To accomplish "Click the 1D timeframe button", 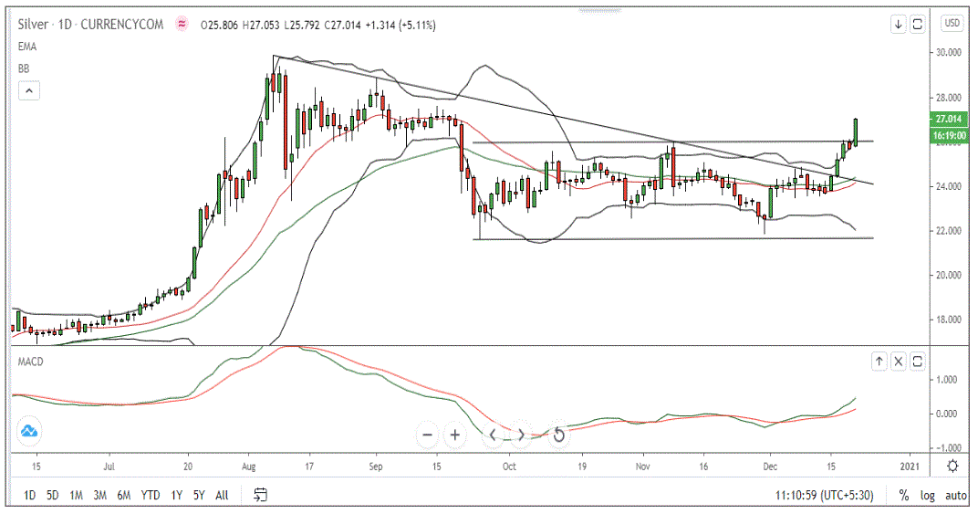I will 29,495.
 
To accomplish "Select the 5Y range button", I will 198,495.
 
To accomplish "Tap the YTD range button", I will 150,495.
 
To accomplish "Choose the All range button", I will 222,495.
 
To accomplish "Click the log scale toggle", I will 929,495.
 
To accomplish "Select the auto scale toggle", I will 955,495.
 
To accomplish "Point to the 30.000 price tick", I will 950,53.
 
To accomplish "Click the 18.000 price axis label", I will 950,320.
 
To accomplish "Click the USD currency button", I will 952,24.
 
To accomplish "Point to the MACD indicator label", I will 32,362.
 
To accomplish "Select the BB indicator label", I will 25,68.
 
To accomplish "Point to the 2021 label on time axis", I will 909,466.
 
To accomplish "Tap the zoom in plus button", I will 454,435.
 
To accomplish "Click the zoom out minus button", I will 427,435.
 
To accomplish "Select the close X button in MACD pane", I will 899,362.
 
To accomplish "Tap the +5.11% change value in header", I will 417,25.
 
